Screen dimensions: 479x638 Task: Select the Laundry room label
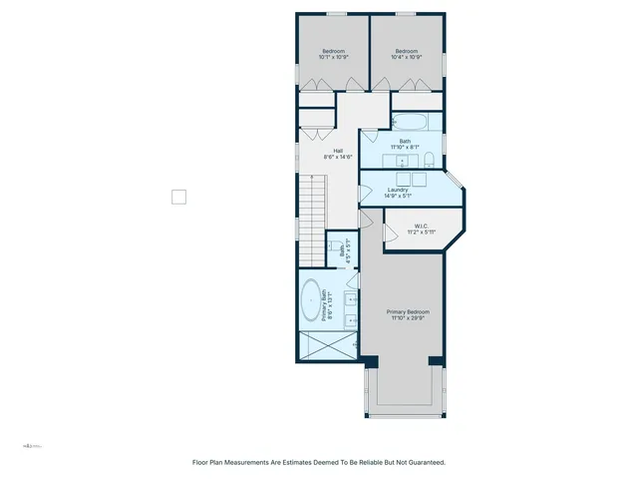(399, 192)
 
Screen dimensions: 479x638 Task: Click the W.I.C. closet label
(421, 229)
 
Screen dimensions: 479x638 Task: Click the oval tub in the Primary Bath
(312, 299)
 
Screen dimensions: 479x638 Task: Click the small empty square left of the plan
(179, 197)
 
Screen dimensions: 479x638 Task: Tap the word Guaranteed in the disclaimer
(424, 463)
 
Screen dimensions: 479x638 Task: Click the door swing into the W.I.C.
(389, 232)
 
